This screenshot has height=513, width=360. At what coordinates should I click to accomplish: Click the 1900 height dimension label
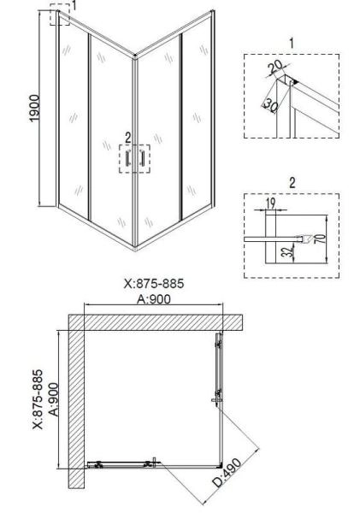34,108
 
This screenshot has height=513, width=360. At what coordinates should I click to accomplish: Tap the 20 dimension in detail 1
274,67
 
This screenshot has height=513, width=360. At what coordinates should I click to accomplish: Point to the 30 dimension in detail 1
271,105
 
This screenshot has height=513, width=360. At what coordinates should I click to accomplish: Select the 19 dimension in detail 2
271,203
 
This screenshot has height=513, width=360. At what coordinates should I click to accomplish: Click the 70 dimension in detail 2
322,239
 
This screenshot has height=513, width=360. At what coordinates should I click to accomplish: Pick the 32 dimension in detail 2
287,252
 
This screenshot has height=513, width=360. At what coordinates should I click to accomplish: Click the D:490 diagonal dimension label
227,473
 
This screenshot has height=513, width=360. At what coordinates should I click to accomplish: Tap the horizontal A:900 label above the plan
154,298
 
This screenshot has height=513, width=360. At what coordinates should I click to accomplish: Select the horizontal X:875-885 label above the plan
154,283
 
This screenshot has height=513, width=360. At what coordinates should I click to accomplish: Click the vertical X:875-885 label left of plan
38,399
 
